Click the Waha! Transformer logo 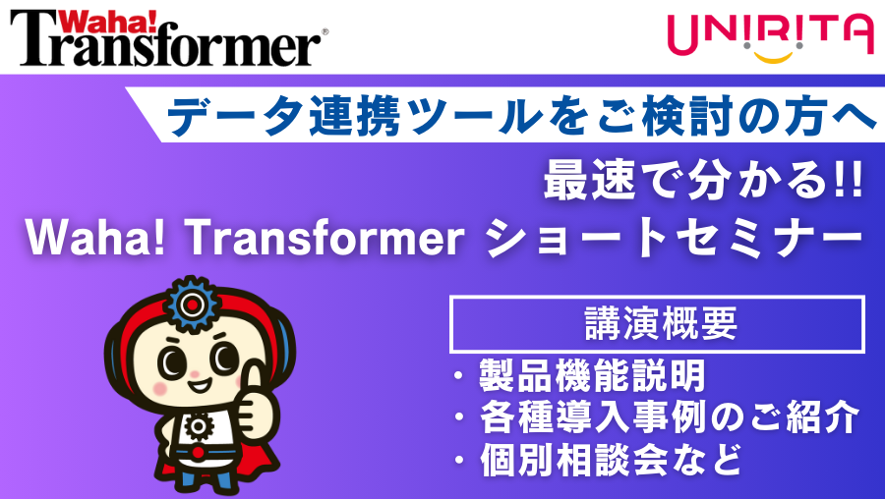click(x=167, y=37)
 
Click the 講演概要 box click(x=657, y=324)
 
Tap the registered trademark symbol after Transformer click(x=325, y=32)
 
